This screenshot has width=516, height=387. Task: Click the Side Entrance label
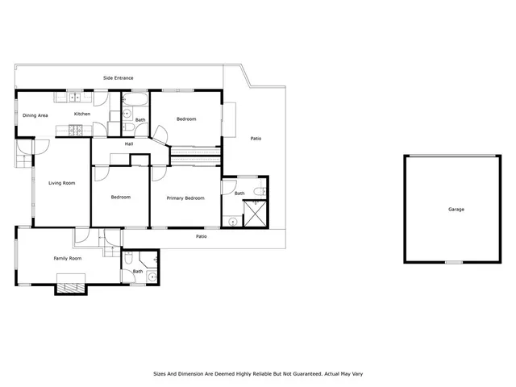(x=118, y=78)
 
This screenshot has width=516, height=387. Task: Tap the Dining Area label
(x=35, y=115)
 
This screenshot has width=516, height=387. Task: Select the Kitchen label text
(x=82, y=114)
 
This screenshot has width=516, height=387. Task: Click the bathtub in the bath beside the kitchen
(x=135, y=100)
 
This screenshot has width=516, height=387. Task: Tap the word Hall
(x=128, y=144)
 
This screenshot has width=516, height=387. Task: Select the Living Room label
(x=61, y=184)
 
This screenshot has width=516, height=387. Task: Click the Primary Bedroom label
(x=184, y=198)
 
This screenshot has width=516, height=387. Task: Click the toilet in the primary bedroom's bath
(x=258, y=191)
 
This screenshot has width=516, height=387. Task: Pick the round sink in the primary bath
(x=232, y=220)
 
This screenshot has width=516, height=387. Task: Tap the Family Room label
(x=68, y=259)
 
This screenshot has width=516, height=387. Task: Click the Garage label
(x=456, y=210)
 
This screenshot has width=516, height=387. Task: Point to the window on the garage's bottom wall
(x=456, y=262)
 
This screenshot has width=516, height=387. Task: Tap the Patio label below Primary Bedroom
(x=202, y=236)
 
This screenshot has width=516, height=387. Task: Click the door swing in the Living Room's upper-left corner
(x=41, y=148)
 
